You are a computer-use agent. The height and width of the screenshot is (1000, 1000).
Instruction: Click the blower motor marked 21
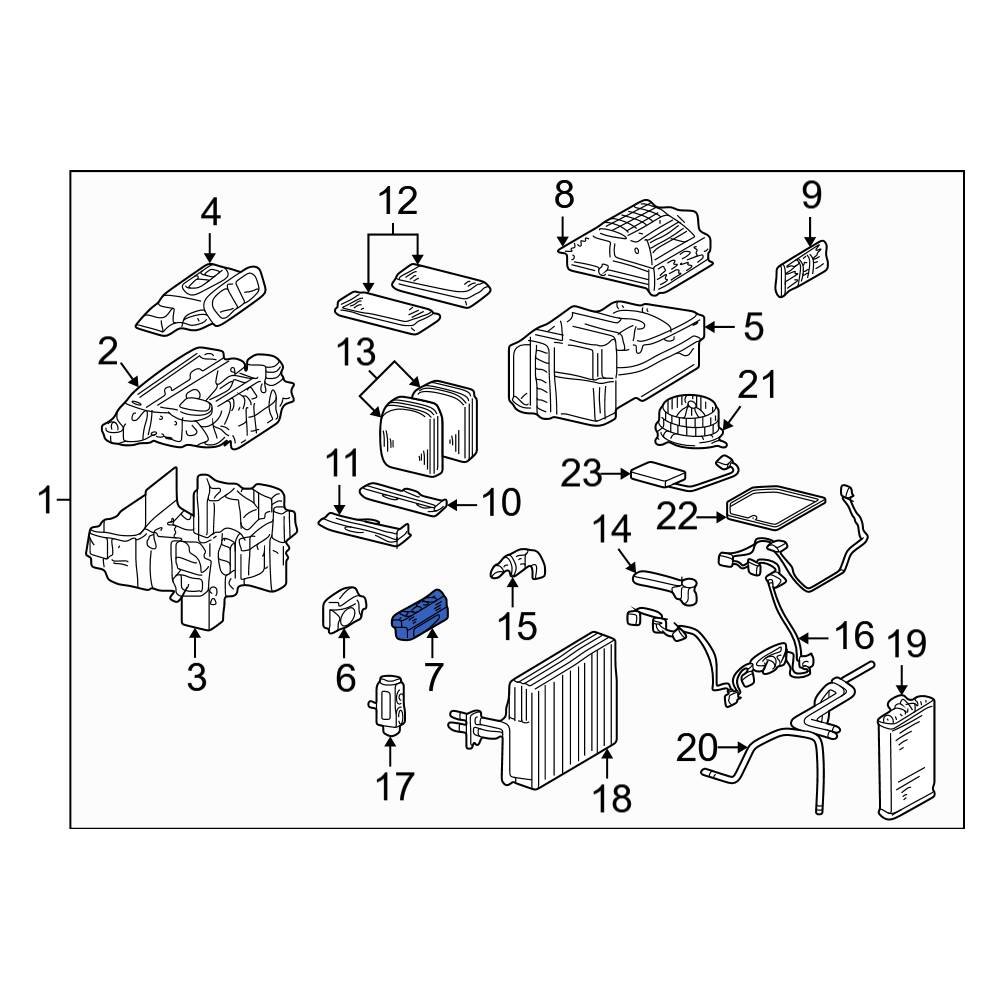pyautogui.click(x=688, y=420)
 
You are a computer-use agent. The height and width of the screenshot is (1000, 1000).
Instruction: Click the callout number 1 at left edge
pyautogui.click(x=45, y=498)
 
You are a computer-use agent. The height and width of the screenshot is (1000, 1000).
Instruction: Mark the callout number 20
pyautogui.click(x=698, y=747)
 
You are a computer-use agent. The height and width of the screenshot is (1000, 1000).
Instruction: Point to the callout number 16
pyautogui.click(x=854, y=636)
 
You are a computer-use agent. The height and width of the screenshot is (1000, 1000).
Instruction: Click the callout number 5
pyautogui.click(x=751, y=326)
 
